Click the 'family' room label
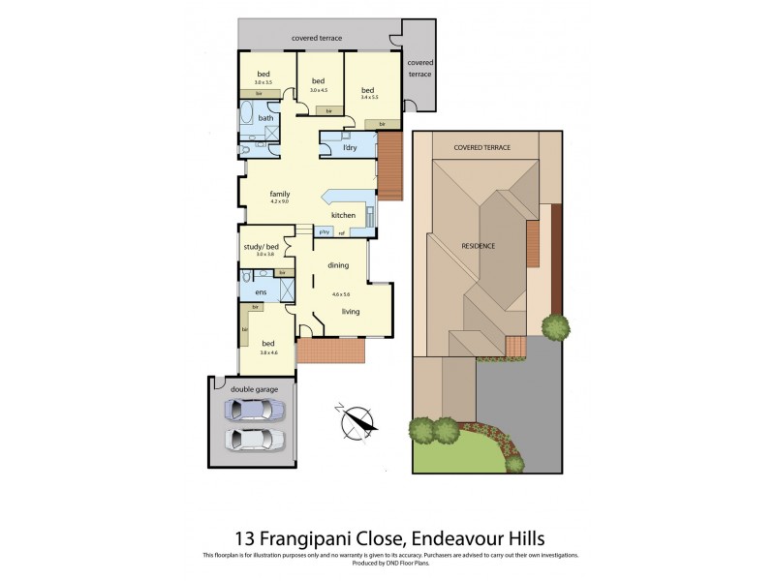[280, 194]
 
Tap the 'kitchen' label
[343, 215]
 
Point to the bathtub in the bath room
[247, 127]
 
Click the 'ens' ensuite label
[261, 291]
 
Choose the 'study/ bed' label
[260, 246]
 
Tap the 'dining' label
[337, 264]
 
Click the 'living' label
[350, 312]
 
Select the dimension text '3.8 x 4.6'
[270, 352]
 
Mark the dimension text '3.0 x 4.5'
[319, 90]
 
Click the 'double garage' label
[254, 388]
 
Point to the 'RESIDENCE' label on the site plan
[478, 246]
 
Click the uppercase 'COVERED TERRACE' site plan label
[482, 147]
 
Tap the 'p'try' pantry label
[325, 232]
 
